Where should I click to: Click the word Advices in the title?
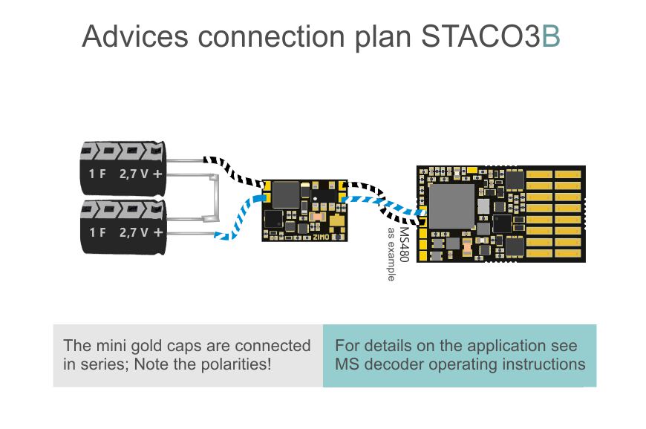pyautogui.click(x=135, y=36)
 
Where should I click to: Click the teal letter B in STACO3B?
pyautogui.click(x=550, y=36)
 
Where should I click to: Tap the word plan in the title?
pyautogui.click(x=383, y=37)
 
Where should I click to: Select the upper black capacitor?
pyautogui.click(x=123, y=168)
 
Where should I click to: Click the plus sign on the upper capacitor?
pyautogui.click(x=157, y=174)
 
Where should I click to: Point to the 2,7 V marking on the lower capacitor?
pyautogui.click(x=134, y=232)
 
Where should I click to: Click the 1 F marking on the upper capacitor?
pyautogui.click(x=97, y=174)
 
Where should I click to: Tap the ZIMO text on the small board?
pyautogui.click(x=321, y=238)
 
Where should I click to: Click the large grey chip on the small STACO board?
pyautogui.click(x=286, y=194)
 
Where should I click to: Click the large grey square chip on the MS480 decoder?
pyautogui.click(x=452, y=206)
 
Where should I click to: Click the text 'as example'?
pyautogui.click(x=391, y=254)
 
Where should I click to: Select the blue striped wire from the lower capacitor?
pyautogui.click(x=238, y=221)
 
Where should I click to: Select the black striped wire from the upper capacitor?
pyautogui.click(x=233, y=171)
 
